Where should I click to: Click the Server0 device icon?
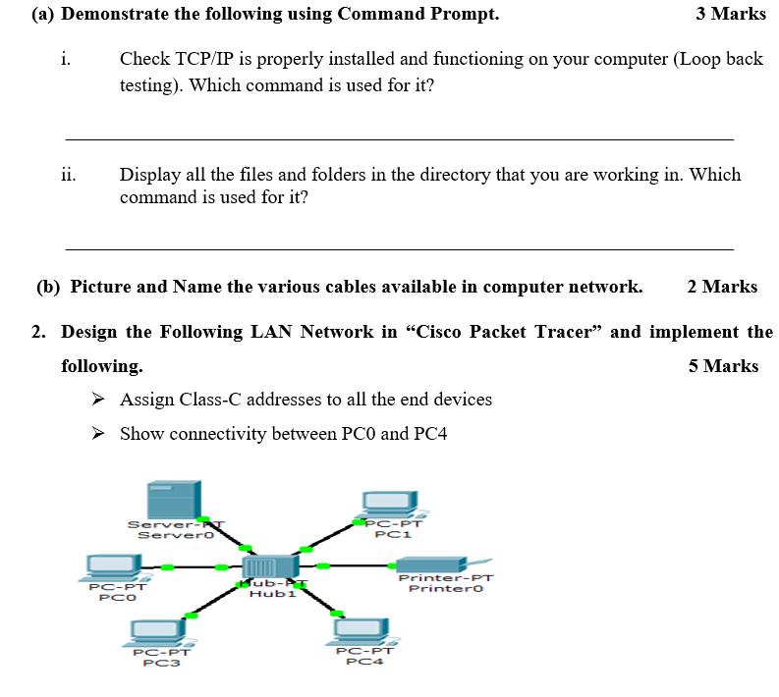coord(173,501)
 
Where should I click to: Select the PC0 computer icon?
coord(111,566)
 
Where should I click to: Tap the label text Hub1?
coord(272,594)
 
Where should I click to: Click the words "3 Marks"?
coord(730,14)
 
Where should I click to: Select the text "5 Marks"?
coord(723,366)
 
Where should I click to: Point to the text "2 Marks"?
coord(722,287)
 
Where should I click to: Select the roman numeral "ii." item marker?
coord(68,176)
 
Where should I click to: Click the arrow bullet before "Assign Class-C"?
coord(97,400)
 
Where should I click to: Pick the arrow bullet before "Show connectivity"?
coord(97,434)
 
